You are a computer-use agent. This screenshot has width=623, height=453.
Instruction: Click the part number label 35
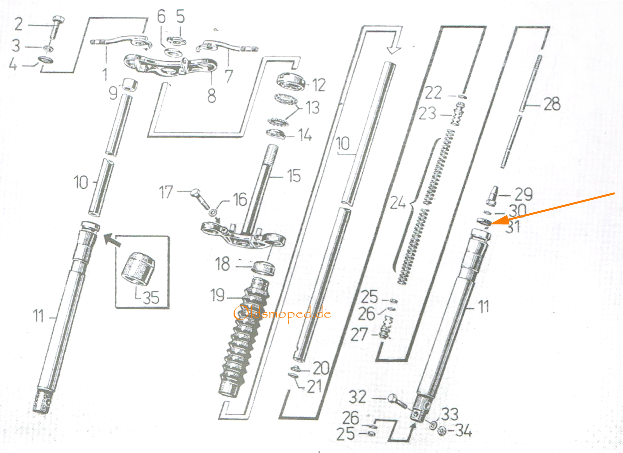tap(151, 297)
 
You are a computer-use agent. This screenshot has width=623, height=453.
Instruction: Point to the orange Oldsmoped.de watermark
tap(282, 313)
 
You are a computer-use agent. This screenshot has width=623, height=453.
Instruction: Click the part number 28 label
tap(552, 104)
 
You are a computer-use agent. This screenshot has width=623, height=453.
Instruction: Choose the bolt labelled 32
tap(397, 401)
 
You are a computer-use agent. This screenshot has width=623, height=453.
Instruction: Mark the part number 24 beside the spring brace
tap(398, 203)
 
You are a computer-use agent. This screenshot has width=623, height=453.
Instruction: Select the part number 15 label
tap(294, 176)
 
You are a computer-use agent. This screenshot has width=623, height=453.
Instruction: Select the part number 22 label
tap(433, 92)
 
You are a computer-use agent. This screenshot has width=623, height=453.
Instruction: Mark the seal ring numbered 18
tap(263, 268)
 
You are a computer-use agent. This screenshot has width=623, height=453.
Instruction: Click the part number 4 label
tap(13, 64)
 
